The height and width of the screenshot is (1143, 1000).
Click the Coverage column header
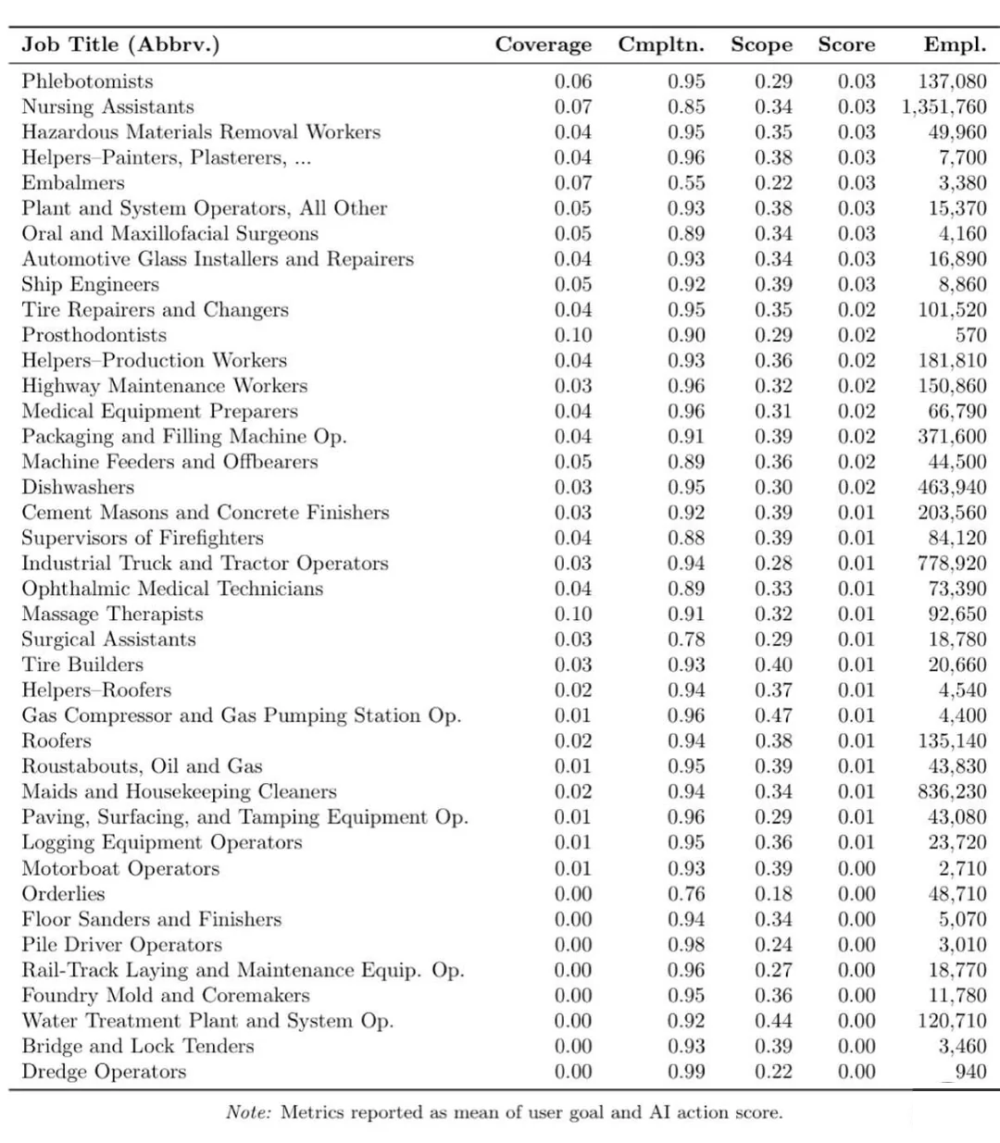coord(543,44)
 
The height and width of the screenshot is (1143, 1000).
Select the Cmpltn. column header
coord(661,44)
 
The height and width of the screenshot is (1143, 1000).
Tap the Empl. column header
coord(955,44)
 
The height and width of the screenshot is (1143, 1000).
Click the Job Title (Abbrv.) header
coord(120,44)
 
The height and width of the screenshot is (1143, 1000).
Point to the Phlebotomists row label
coord(87,81)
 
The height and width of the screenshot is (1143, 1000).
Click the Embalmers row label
coord(72,182)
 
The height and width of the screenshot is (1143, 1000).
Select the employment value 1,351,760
coord(944,106)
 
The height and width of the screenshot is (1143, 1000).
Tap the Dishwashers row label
coord(78,487)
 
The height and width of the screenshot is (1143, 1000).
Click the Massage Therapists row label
coord(112,614)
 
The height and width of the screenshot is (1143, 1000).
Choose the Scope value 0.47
coord(773,715)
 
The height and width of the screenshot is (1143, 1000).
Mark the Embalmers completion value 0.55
coord(686,182)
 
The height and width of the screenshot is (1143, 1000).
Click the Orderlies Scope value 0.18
coord(773,894)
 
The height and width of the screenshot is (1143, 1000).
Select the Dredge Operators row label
coord(104,1072)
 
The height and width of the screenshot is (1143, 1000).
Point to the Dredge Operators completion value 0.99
coord(686,1072)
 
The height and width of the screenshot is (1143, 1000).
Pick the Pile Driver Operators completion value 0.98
coord(686,945)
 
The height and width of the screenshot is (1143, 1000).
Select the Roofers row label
coord(56,740)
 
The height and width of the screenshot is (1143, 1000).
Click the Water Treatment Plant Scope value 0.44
coord(773,1021)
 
